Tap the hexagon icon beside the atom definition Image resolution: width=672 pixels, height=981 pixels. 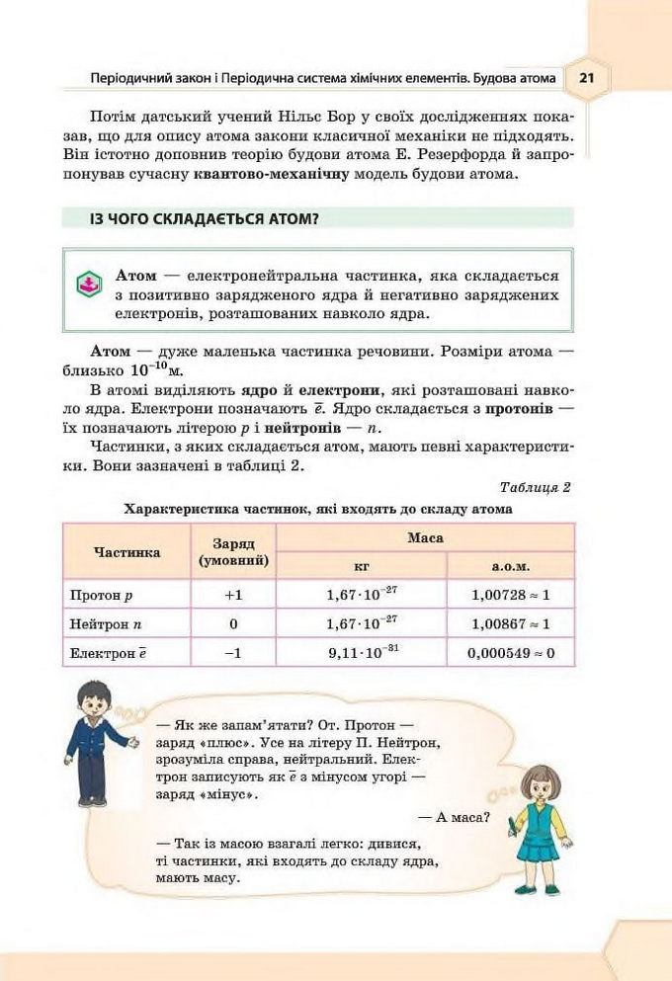click(90, 286)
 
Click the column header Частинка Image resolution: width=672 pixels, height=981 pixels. click(126, 552)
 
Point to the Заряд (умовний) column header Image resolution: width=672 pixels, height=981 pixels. click(233, 552)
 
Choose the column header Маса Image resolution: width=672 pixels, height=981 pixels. click(425, 538)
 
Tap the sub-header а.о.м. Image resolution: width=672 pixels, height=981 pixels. click(510, 567)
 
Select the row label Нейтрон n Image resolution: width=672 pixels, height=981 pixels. click(107, 624)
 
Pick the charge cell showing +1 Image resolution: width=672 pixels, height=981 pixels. click(233, 596)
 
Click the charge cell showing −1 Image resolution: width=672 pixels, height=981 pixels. click(233, 653)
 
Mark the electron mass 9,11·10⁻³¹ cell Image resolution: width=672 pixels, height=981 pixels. click(361, 652)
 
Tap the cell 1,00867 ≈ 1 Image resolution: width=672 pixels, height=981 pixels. click(510, 624)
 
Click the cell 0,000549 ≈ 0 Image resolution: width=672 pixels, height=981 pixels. click(510, 653)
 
